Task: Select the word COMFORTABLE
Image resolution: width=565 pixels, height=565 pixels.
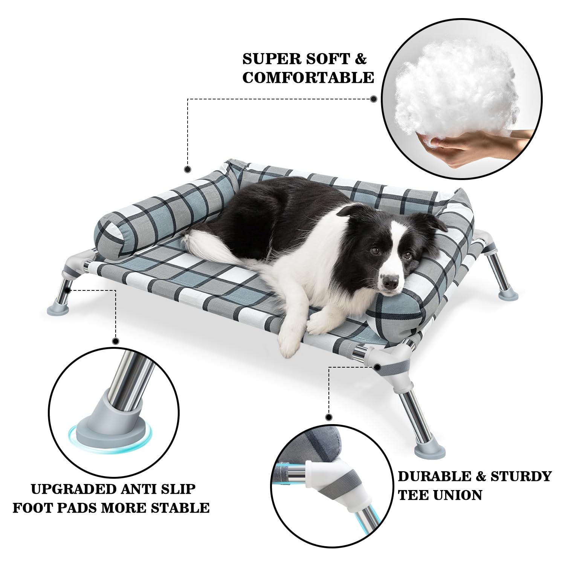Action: (x=308, y=78)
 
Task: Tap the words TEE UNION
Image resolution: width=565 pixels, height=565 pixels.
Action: (x=440, y=495)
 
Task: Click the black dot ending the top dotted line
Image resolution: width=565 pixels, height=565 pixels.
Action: (x=374, y=99)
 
